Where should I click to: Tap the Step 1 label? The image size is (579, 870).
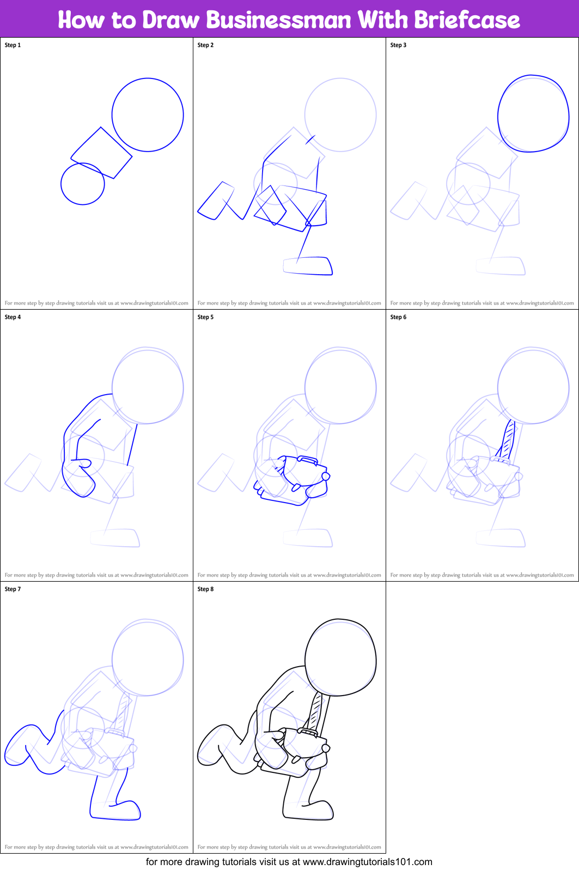pos(13,45)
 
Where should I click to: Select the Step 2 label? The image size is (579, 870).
pos(205,45)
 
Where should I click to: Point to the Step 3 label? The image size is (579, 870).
pos(398,45)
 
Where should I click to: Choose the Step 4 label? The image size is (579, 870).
pos(13,317)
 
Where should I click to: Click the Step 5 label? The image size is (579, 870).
pos(205,317)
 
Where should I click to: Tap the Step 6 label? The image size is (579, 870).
pos(398,317)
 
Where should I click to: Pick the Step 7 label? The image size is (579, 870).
pos(13,589)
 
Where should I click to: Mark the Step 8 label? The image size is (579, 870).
pos(205,589)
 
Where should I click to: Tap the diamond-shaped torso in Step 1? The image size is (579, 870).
pos(102,153)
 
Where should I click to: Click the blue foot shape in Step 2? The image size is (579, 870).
pos(308,266)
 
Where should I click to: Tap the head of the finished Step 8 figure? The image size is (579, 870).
pos(340,657)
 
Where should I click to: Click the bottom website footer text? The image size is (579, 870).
pos(289,862)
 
